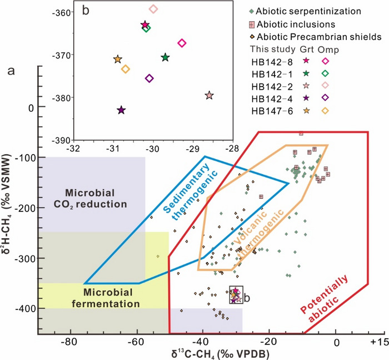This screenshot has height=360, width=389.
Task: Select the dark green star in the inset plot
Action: coord(165,57)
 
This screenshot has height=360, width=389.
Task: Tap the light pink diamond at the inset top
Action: coord(153,9)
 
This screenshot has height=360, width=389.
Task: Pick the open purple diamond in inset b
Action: coord(149,78)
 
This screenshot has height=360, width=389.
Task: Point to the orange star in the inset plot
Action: coord(117,60)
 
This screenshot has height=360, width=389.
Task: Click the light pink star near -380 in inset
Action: coord(209,96)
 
